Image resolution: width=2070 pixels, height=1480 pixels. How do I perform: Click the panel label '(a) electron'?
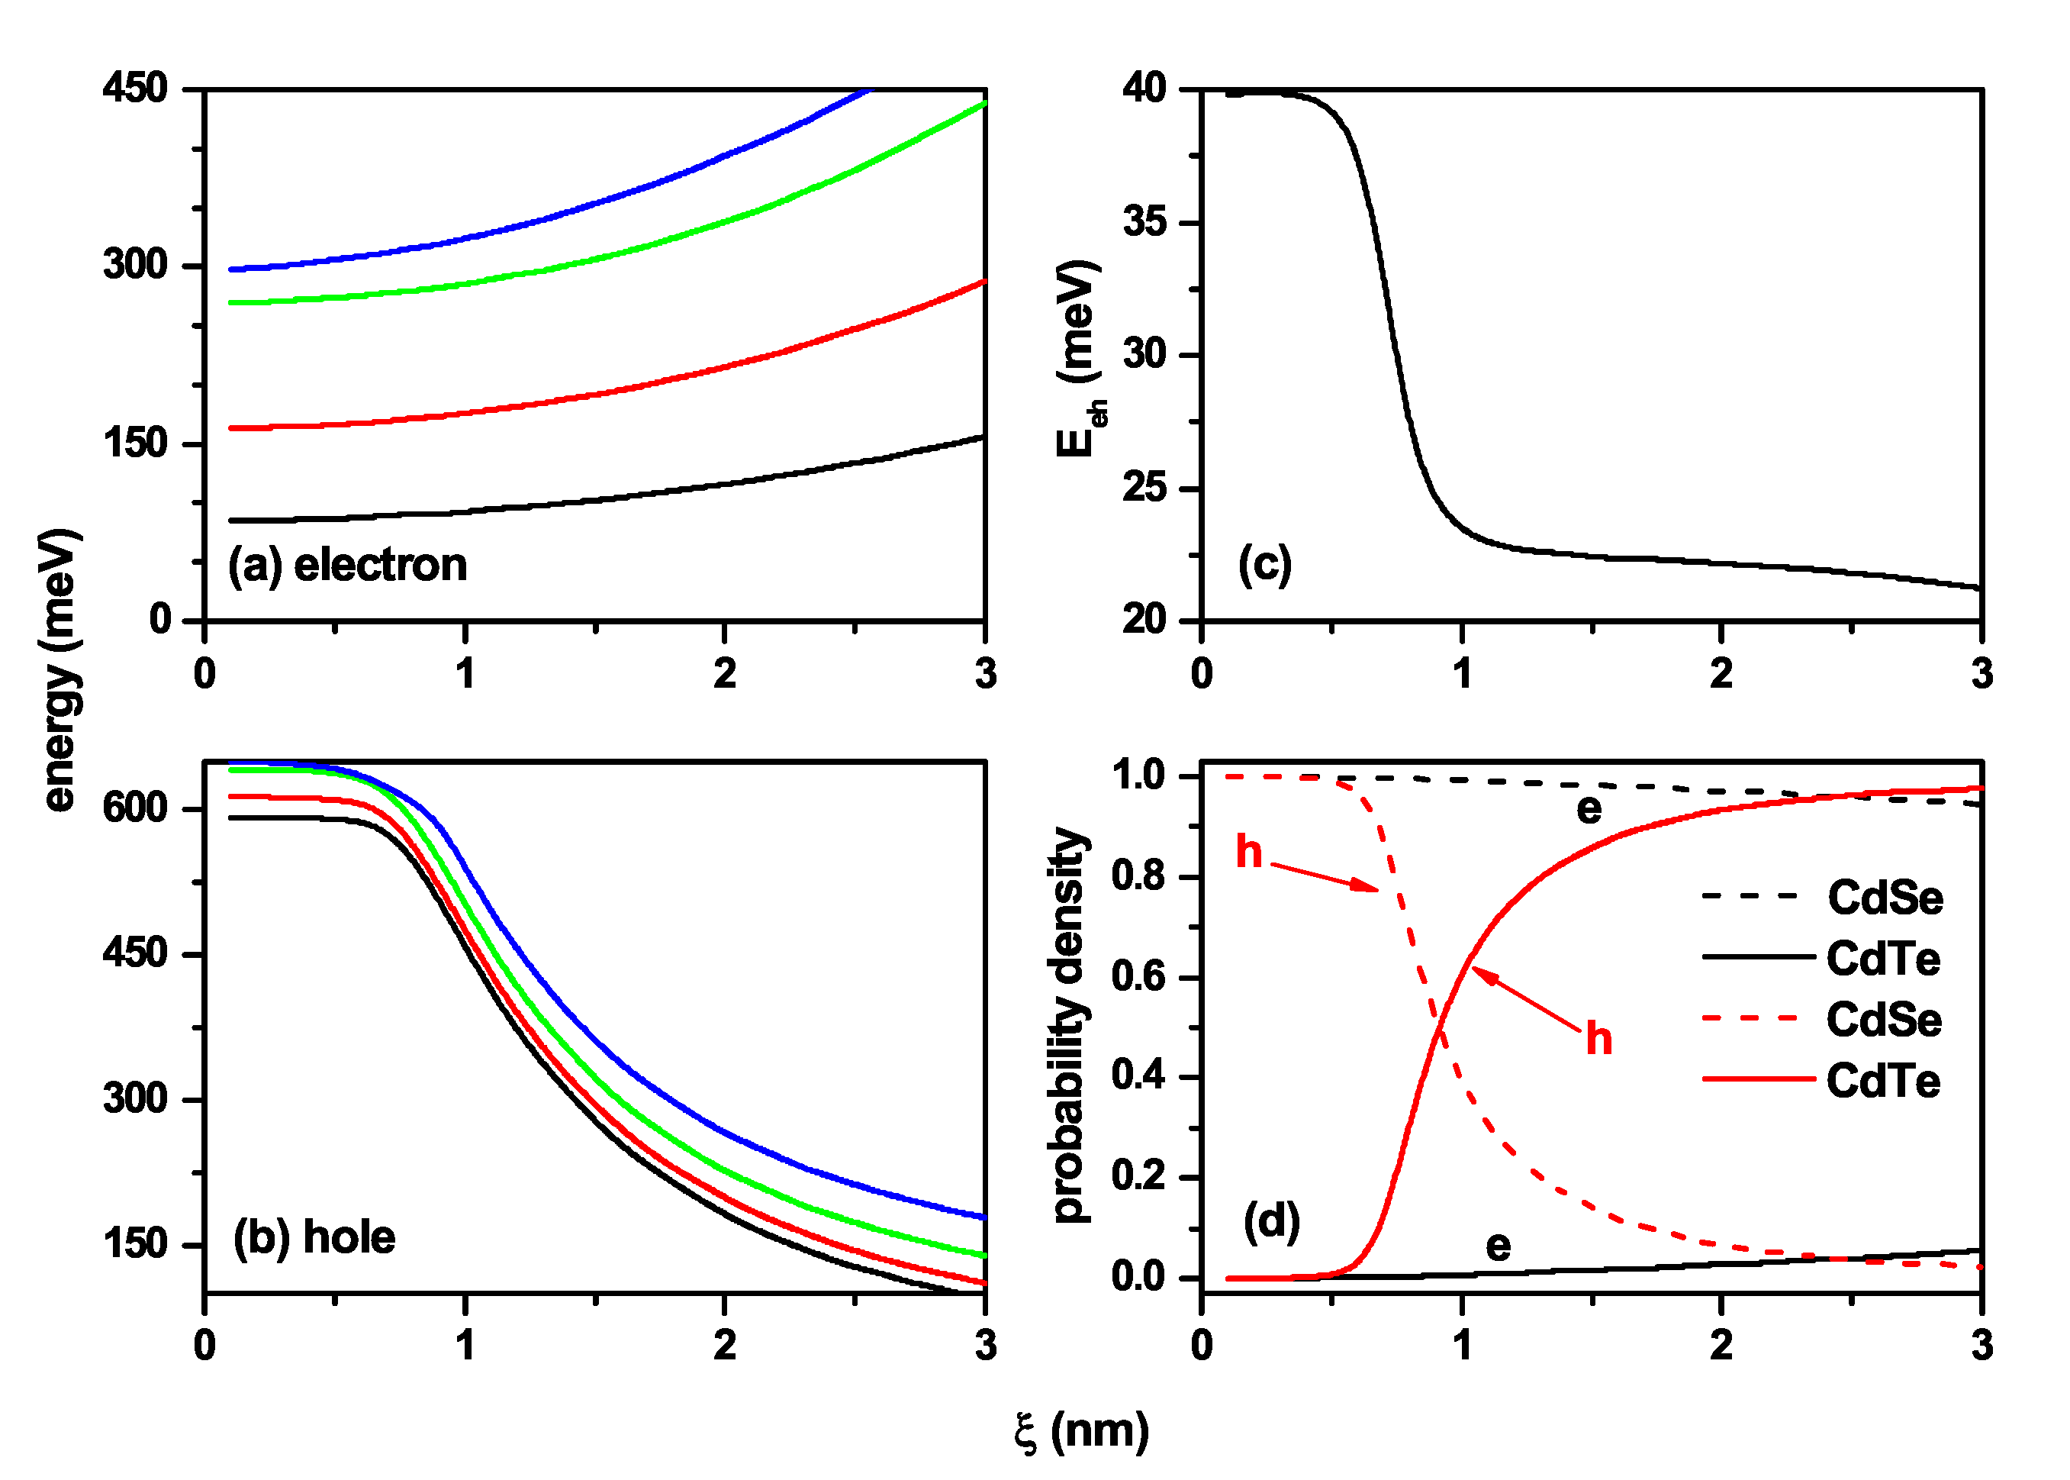point(347,566)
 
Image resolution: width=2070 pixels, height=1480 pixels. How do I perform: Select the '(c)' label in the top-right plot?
point(1264,565)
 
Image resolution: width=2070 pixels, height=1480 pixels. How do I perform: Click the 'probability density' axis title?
point(1070,1025)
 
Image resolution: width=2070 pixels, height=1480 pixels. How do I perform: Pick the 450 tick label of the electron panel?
point(135,89)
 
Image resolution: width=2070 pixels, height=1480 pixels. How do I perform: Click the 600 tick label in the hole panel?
point(135,808)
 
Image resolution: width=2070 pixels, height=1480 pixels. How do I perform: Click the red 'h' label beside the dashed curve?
point(1249,852)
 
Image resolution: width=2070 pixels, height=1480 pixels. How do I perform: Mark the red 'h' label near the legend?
point(1599,1039)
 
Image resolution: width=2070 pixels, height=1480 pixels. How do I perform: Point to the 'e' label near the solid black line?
point(1498,1246)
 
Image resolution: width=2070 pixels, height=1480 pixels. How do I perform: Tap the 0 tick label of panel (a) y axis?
point(160,620)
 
